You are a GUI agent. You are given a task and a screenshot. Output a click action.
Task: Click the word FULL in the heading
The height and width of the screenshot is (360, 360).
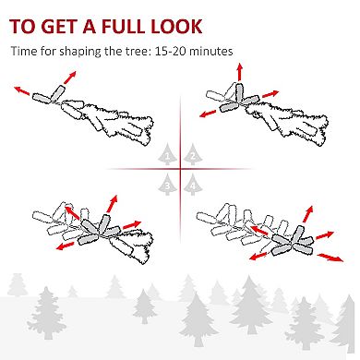124,27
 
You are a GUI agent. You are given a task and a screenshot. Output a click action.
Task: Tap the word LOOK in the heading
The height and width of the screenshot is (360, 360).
176,27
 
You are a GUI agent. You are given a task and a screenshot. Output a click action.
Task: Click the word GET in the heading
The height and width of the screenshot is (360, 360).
59,27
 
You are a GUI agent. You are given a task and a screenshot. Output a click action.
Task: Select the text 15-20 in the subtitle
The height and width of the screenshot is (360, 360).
170,51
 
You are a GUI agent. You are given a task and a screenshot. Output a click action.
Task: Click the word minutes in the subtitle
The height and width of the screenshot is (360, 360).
210,51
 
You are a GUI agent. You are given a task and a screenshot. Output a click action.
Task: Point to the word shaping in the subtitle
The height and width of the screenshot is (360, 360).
80,52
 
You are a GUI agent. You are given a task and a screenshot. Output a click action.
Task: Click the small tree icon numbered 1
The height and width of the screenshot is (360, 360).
167,154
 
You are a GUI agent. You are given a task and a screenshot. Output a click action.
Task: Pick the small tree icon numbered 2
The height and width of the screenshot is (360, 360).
193,154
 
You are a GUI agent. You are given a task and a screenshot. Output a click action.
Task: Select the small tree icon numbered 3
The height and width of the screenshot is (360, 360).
167,185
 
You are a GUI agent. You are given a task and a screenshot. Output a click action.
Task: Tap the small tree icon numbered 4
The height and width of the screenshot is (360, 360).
193,185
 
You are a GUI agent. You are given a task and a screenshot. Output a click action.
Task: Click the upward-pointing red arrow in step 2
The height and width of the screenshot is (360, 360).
239,72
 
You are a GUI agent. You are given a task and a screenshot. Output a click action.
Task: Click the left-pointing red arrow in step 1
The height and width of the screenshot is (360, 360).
22,90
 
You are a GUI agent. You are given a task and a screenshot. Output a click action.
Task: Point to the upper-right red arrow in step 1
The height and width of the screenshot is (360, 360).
70,78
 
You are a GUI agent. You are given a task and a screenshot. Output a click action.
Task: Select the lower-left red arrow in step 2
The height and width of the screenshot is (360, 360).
208,114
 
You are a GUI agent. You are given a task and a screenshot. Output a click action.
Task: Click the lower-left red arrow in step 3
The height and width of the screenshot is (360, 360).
66,246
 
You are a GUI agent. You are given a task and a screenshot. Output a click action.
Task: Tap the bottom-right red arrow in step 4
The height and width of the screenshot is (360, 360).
330,258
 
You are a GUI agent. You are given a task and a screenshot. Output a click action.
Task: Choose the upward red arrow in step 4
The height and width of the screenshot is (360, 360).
307,214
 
